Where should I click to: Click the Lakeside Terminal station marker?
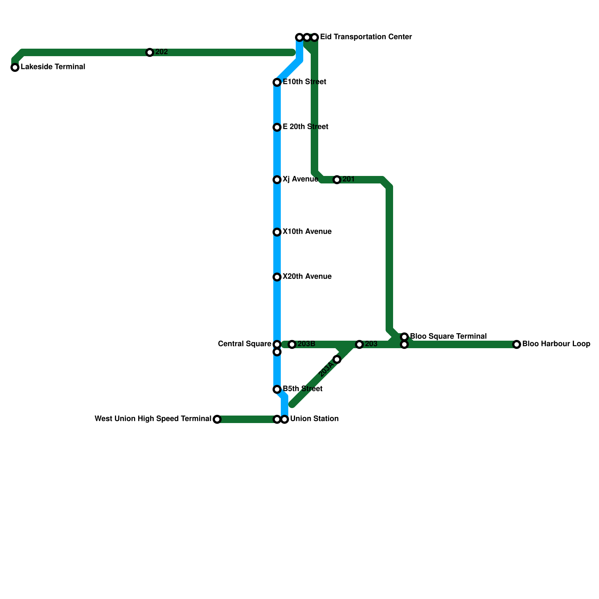pyautogui.click(x=15, y=67)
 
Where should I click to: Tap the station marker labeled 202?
pyautogui.click(x=150, y=52)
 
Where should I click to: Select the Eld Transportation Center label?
pyautogui.click(x=366, y=37)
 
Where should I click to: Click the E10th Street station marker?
pyautogui.click(x=277, y=82)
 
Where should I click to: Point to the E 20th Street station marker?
pyautogui.click(x=277, y=127)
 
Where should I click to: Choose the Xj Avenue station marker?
pyautogui.click(x=277, y=180)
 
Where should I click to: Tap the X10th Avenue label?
pyautogui.click(x=307, y=232)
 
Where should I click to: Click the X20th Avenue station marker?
pyautogui.click(x=277, y=277)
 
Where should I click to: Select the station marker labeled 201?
pyautogui.click(x=337, y=180)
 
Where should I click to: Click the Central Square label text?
pyautogui.click(x=244, y=344)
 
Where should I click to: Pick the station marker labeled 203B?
pyautogui.click(x=292, y=344)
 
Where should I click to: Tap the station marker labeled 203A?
pyautogui.click(x=337, y=359)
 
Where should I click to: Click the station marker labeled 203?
pyautogui.click(x=359, y=344)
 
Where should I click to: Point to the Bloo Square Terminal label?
pyautogui.click(x=448, y=336)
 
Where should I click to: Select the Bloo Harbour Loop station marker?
pyautogui.click(x=517, y=344)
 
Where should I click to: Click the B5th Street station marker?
pyautogui.click(x=277, y=389)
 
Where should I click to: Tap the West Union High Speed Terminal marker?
pyautogui.click(x=217, y=419)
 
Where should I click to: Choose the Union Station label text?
pyautogui.click(x=314, y=419)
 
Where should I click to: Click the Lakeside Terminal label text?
pyautogui.click(x=53, y=67)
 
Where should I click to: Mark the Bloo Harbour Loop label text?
pyautogui.click(x=556, y=344)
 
